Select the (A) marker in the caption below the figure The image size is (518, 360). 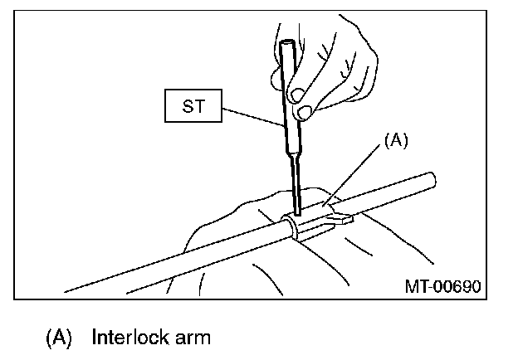(x=60, y=338)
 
